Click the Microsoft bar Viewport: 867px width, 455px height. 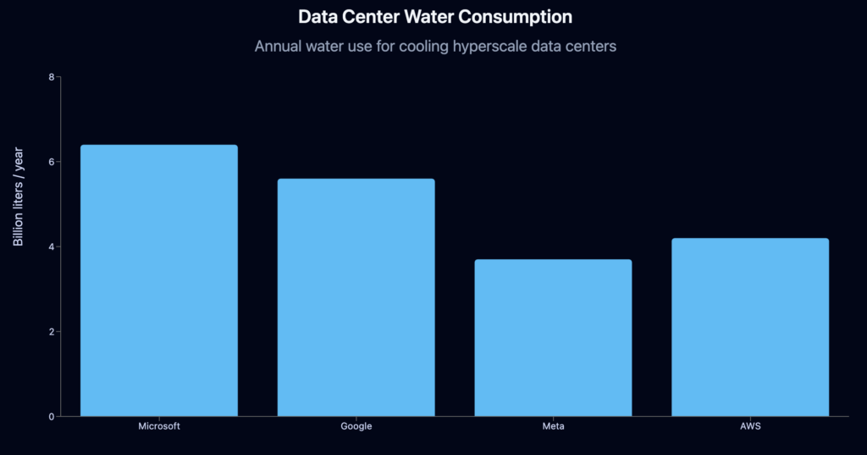coord(159,280)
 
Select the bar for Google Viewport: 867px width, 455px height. coord(356,297)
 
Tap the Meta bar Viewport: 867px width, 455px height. coord(553,337)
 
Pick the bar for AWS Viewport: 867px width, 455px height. coord(750,327)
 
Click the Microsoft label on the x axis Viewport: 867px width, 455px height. coord(159,426)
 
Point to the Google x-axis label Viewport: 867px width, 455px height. coord(356,426)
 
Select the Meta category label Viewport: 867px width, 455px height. coord(553,426)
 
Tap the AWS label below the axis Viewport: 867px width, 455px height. coord(750,426)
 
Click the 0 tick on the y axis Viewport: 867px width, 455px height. coord(51,417)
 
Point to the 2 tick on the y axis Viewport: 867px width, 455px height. coord(51,332)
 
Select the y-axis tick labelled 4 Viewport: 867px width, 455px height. coord(51,247)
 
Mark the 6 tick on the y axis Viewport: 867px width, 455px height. coord(51,162)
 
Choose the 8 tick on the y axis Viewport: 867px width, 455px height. coord(51,77)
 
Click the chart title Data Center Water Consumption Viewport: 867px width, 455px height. coord(435,17)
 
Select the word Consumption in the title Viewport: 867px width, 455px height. coord(520,17)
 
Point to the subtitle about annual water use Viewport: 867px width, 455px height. coord(435,46)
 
